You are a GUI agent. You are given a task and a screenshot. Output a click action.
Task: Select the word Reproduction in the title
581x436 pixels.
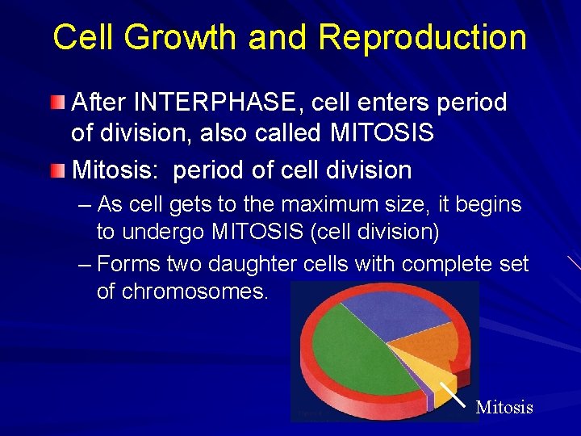click(422, 38)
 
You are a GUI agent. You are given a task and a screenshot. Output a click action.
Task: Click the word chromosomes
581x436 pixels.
click(194, 291)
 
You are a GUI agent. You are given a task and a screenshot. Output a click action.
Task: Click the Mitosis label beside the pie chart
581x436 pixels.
click(504, 407)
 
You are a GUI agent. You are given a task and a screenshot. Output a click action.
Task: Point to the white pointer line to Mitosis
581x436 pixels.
click(453, 393)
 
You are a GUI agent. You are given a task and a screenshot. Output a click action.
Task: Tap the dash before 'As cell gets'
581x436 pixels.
click(86, 205)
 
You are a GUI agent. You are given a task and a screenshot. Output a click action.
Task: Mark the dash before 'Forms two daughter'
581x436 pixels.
click(86, 264)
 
